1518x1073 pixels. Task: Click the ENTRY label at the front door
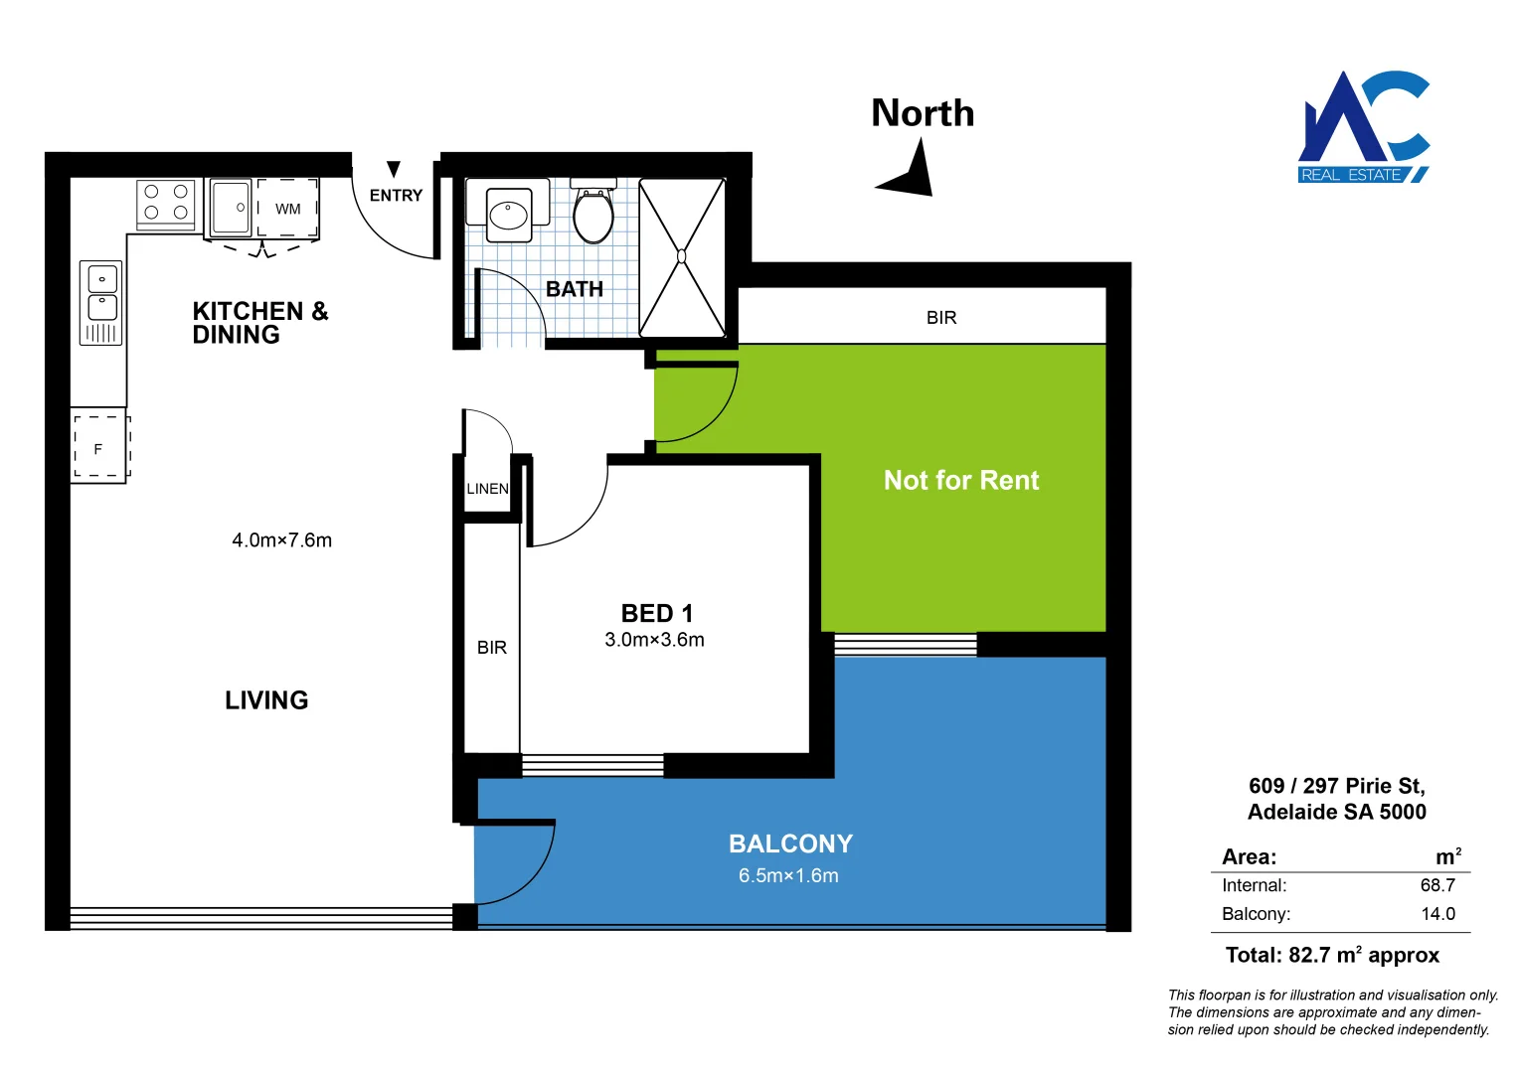click(396, 196)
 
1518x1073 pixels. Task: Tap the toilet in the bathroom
click(593, 214)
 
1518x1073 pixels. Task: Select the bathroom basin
click(509, 215)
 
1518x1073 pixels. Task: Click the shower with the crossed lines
click(682, 257)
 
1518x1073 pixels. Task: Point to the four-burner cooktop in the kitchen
click(166, 202)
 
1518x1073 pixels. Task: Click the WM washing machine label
click(288, 210)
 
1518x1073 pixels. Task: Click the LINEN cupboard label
click(487, 489)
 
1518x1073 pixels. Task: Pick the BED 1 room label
click(656, 613)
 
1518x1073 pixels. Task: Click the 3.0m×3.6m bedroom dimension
click(654, 640)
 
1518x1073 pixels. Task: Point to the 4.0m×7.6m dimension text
click(281, 540)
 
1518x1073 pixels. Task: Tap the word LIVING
click(266, 700)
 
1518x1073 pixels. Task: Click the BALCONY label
click(790, 843)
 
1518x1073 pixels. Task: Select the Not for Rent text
click(961, 481)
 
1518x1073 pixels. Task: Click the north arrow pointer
click(910, 171)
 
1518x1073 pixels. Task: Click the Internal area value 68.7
click(1437, 885)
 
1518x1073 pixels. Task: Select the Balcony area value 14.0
click(1437, 914)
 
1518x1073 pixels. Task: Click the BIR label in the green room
click(940, 318)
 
